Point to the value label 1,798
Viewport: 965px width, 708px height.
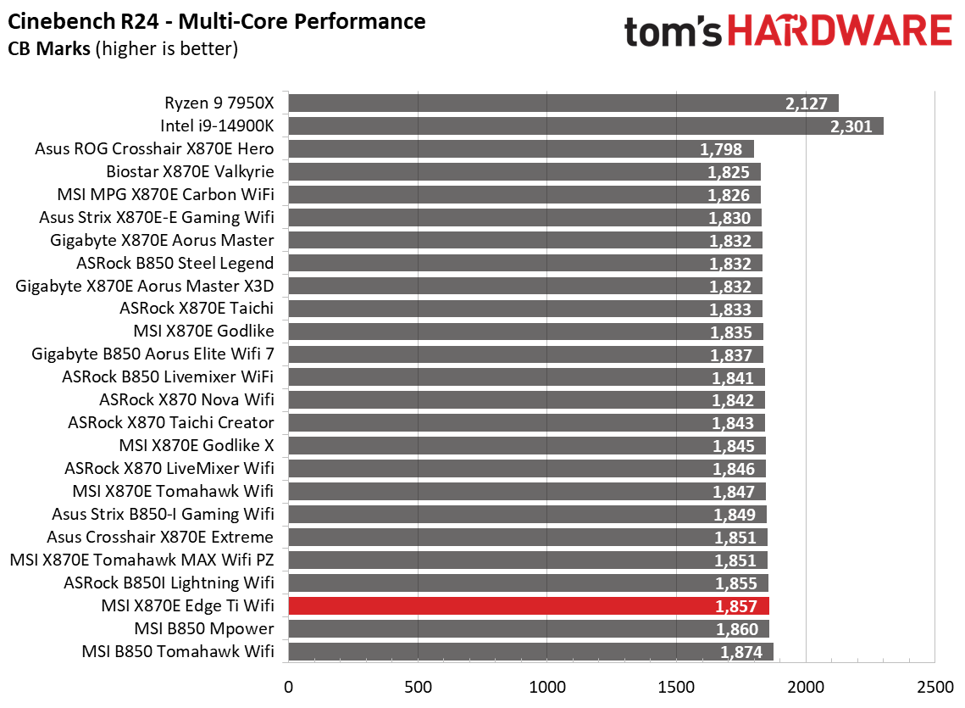[x=721, y=149]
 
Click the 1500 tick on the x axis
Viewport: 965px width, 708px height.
[x=676, y=684]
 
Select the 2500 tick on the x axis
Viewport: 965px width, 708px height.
[x=934, y=684]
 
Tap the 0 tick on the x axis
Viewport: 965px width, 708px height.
[x=289, y=684]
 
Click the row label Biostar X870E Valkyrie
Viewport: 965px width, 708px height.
[x=190, y=171]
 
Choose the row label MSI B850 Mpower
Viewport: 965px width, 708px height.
[x=204, y=628]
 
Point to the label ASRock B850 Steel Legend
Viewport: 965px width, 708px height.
[x=175, y=263]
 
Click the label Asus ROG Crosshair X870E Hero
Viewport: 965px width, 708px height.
[x=154, y=148]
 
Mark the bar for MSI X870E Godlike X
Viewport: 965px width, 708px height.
[x=525, y=445]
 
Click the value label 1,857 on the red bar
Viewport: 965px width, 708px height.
[x=736, y=606]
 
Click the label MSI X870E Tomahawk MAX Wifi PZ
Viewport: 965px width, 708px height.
[x=141, y=560]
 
